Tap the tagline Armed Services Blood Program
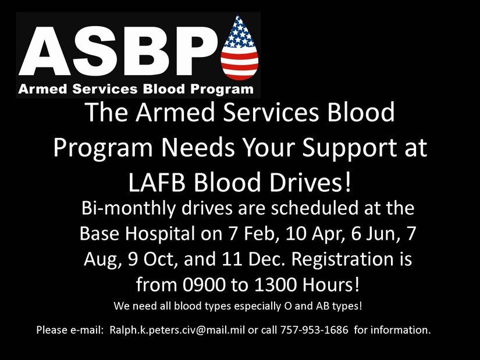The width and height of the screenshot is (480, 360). [136, 89]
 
